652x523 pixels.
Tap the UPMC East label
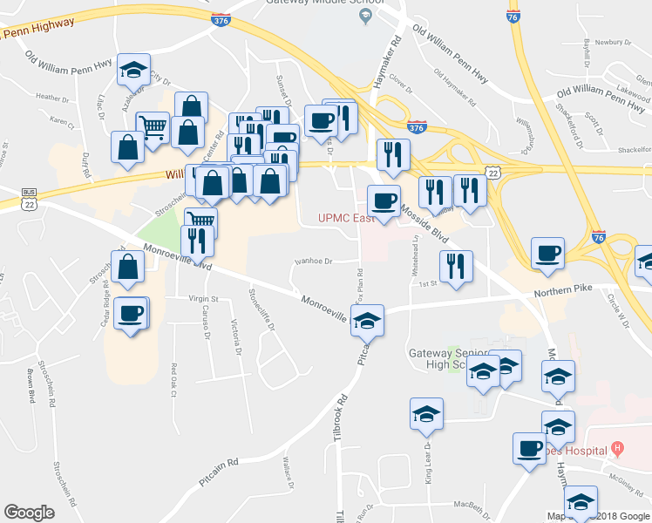(x=346, y=218)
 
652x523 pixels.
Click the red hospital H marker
(x=618, y=450)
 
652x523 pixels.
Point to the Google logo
(x=29, y=513)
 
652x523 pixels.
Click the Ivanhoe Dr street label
(x=314, y=260)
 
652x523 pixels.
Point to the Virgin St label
(x=202, y=298)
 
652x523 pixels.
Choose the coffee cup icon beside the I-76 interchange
(x=547, y=254)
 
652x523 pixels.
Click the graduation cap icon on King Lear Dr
(x=427, y=414)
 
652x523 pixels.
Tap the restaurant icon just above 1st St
(x=456, y=267)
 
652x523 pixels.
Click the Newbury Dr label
(x=613, y=41)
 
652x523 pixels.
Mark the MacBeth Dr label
(x=475, y=504)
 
